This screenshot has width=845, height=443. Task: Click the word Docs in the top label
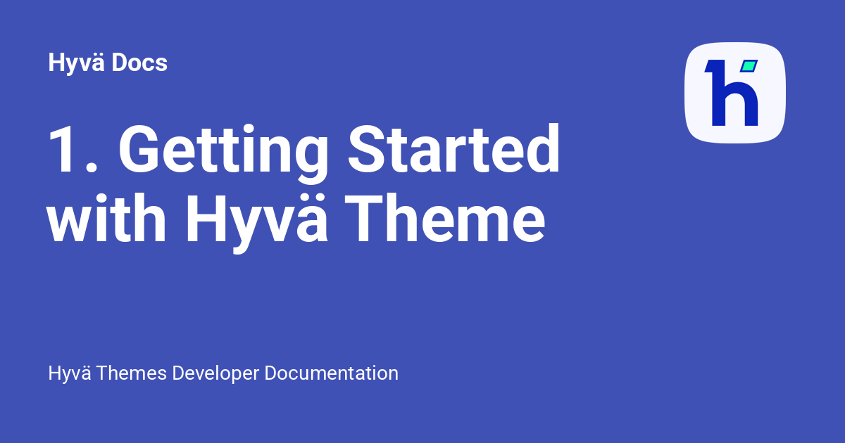click(139, 63)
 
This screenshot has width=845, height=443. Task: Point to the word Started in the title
click(453, 148)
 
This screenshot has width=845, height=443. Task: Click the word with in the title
click(106, 218)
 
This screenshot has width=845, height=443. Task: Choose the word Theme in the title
click(445, 218)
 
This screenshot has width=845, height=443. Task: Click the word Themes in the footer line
click(131, 373)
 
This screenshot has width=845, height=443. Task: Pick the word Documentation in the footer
click(331, 373)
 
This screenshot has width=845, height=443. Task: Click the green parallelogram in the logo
click(749, 66)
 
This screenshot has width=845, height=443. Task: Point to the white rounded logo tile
click(735, 93)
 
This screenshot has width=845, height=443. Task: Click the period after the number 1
click(92, 167)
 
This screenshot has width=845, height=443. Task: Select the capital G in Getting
click(139, 148)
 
